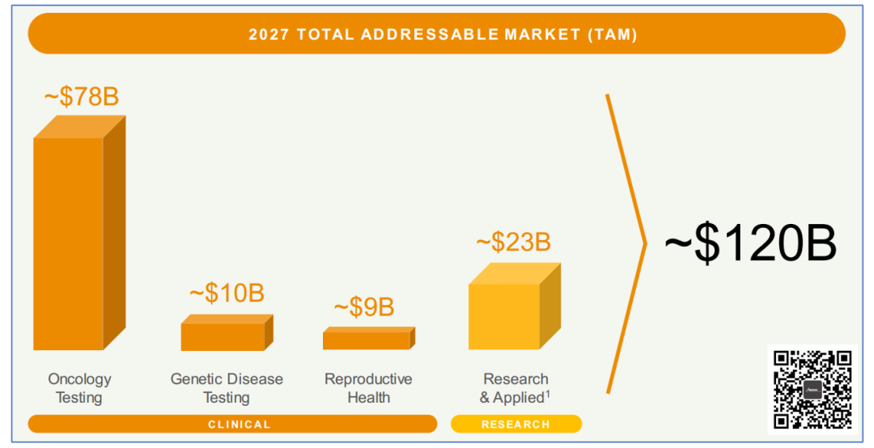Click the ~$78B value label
pyautogui.click(x=81, y=97)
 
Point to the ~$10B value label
pyautogui.click(x=227, y=293)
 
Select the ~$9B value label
pyautogui.click(x=364, y=307)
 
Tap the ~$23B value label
pyautogui.click(x=513, y=242)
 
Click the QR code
pyautogui.click(x=812, y=389)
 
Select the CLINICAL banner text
pyautogui.click(x=240, y=425)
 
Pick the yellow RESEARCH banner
pyautogui.click(x=515, y=425)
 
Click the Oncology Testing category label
pyautogui.click(x=79, y=388)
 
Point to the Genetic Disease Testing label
pyautogui.click(x=227, y=388)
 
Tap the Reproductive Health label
pyautogui.click(x=368, y=388)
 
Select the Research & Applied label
pyautogui.click(x=515, y=388)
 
